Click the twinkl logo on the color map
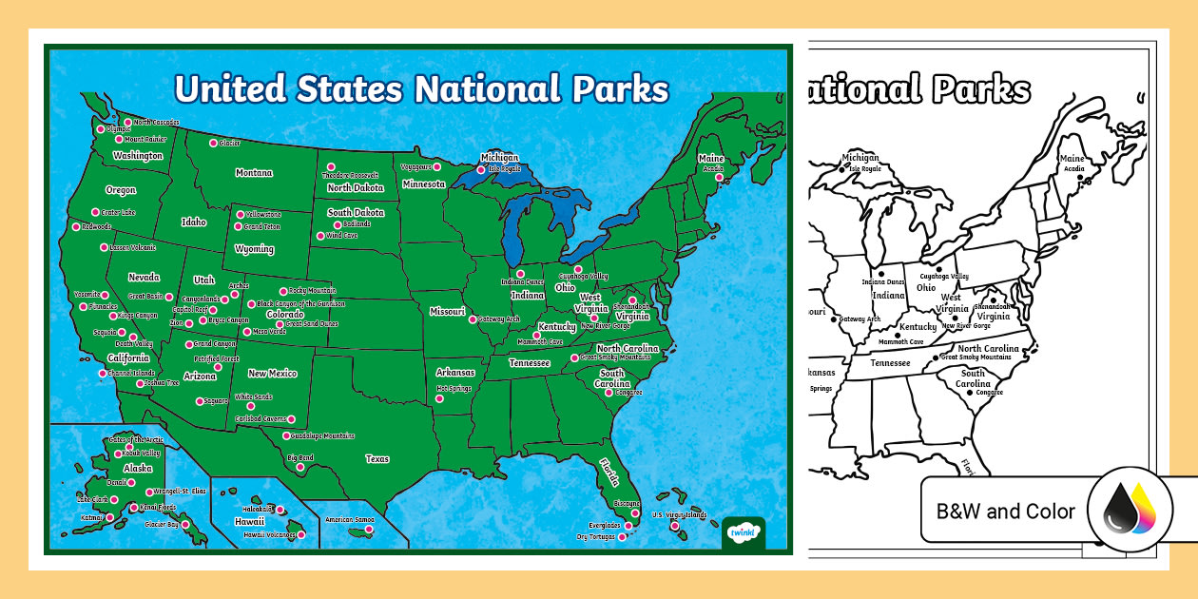(744, 531)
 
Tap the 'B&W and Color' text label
(1005, 512)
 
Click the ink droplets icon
(1124, 511)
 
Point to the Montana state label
(254, 173)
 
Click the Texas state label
(377, 459)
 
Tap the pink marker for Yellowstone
(240, 215)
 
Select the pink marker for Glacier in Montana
(212, 143)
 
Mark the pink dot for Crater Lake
(95, 212)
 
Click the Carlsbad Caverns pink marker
(291, 418)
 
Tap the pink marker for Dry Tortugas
(624, 537)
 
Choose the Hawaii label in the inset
(249, 521)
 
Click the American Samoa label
(350, 520)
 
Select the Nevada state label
(144, 277)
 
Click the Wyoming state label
(254, 249)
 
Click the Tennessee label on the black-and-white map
(891, 363)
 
